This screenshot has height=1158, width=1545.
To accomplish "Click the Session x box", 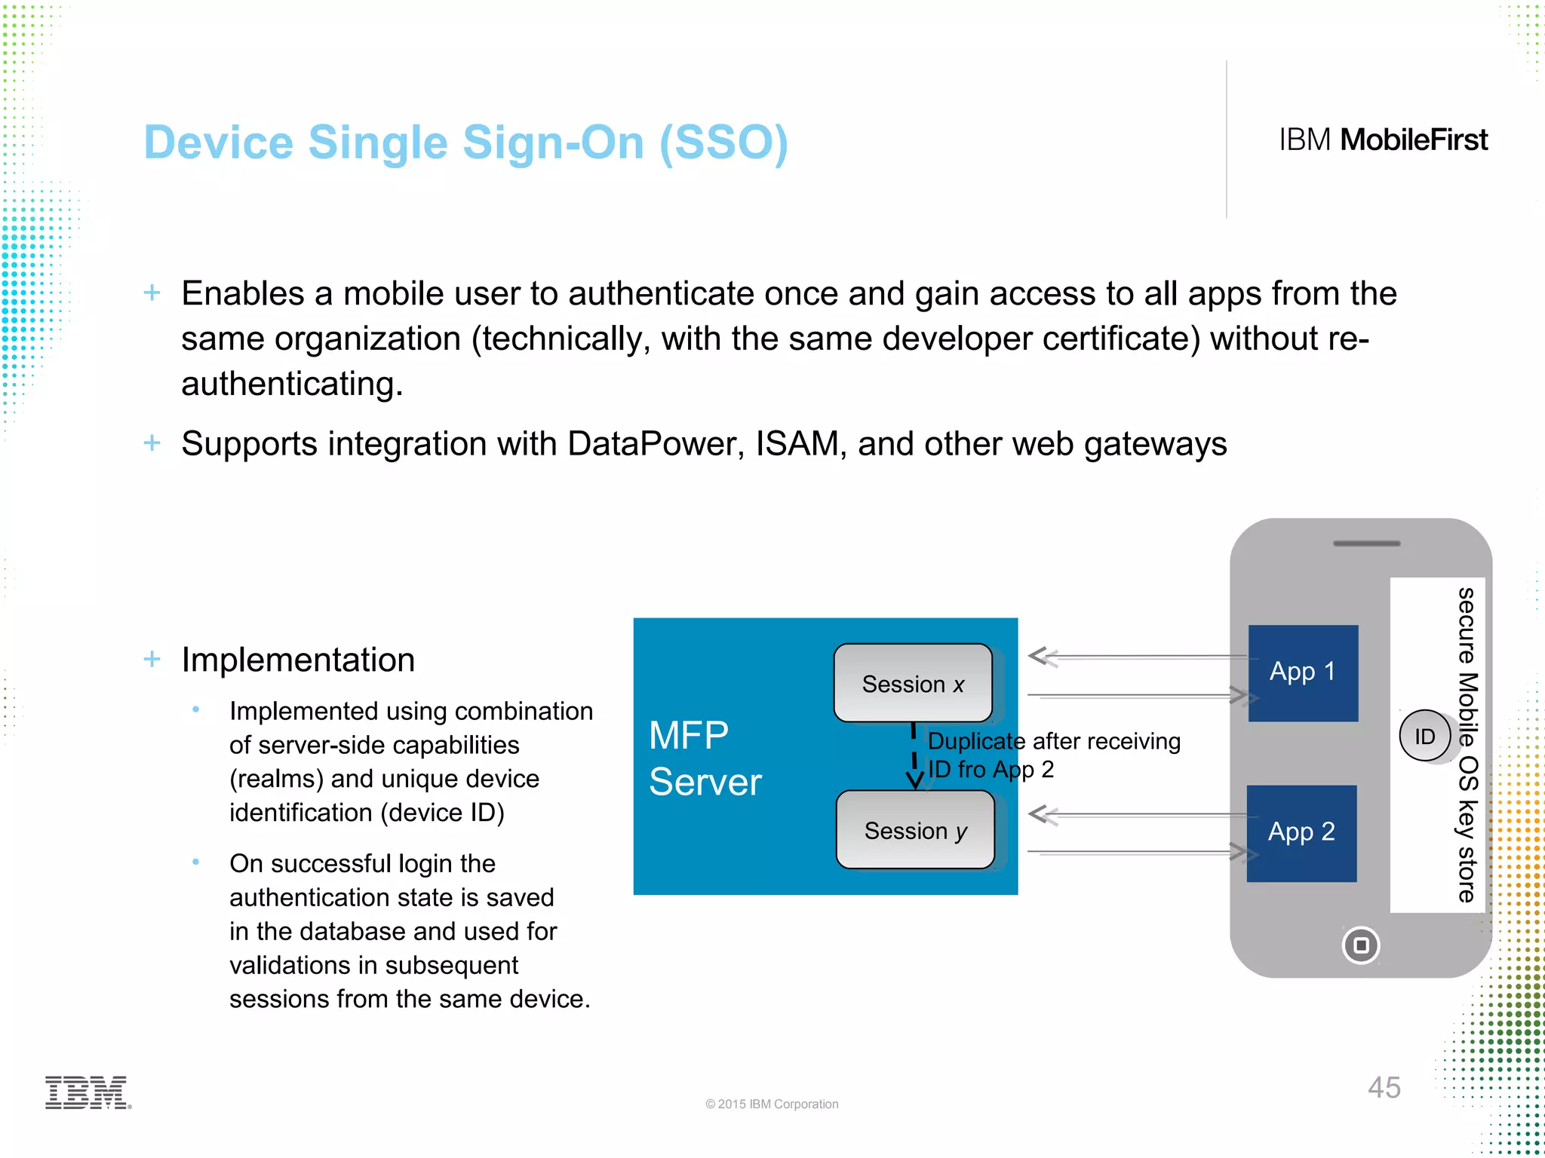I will click(x=913, y=683).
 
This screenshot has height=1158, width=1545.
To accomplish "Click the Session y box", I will click(x=915, y=830).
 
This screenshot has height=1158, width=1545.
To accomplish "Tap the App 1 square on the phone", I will click(x=1303, y=672).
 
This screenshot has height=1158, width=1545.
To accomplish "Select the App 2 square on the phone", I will click(x=1301, y=833).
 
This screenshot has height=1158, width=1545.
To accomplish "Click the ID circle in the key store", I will click(x=1424, y=736).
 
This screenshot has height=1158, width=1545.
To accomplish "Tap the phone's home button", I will click(x=1361, y=945).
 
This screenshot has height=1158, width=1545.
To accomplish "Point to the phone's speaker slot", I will click(x=1366, y=543).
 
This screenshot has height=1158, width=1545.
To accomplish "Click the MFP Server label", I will click(x=705, y=758).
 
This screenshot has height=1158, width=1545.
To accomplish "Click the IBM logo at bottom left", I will click(x=88, y=1092).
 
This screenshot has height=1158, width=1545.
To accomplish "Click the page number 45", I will click(x=1384, y=1087).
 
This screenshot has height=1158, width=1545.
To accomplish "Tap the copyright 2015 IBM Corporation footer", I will click(x=771, y=1104).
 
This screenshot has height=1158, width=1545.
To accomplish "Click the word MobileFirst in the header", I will click(x=1413, y=140).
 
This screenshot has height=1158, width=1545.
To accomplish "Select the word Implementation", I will click(x=298, y=660).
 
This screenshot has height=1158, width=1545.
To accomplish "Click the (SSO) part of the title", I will click(x=723, y=142).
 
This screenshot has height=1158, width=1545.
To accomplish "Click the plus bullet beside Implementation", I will click(x=152, y=659).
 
